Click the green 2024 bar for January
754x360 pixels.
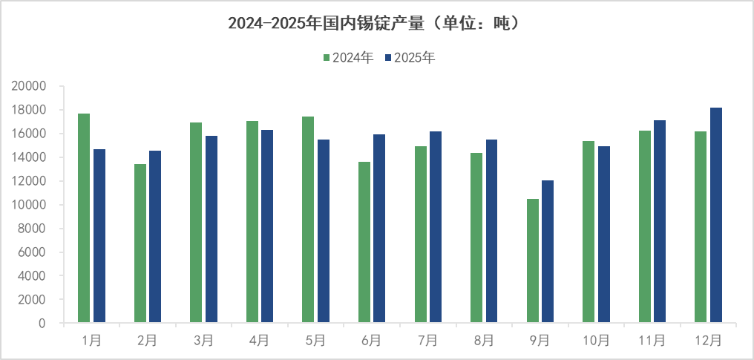(84, 218)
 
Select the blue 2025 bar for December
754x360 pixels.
(716, 215)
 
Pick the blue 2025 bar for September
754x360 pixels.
(548, 252)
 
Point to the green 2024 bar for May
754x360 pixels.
(308, 220)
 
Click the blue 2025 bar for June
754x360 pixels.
(379, 229)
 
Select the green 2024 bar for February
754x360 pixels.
(140, 243)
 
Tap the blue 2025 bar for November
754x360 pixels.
(660, 221)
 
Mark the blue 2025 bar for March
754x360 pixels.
(212, 229)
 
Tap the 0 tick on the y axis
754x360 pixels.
(42, 324)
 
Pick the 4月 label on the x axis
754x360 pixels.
(260, 341)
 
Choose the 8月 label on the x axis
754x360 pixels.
(484, 341)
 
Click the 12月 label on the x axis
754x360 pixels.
(709, 341)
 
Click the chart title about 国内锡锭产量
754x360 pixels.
(376, 24)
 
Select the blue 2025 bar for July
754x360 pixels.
(436, 227)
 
